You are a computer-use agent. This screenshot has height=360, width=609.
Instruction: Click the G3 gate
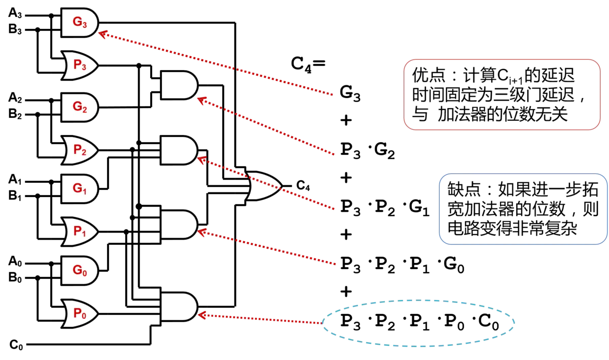click(x=79, y=22)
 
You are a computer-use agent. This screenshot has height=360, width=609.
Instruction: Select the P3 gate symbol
click(x=79, y=65)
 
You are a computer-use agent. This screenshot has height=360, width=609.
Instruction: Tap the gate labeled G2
click(x=79, y=107)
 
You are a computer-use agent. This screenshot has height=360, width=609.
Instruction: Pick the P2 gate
click(x=79, y=150)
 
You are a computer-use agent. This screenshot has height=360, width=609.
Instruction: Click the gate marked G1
click(x=79, y=188)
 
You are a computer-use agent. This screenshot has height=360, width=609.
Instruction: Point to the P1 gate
click(x=79, y=232)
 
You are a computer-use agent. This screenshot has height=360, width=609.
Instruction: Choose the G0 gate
click(x=79, y=270)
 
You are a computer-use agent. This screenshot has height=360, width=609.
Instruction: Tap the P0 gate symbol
click(x=79, y=313)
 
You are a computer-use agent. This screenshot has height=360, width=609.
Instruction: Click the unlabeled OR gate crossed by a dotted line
click(x=263, y=186)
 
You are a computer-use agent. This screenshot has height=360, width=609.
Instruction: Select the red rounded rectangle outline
click(x=502, y=60)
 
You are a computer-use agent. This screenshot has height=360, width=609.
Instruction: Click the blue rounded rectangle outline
click(x=523, y=174)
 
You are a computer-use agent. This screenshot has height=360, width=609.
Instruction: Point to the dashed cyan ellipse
click(x=419, y=300)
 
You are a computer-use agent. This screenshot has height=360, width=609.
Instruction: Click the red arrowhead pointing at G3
click(x=103, y=35)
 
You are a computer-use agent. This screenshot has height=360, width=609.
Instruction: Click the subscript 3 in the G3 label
click(x=84, y=25)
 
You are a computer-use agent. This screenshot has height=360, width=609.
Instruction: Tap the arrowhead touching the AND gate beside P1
click(x=201, y=233)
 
